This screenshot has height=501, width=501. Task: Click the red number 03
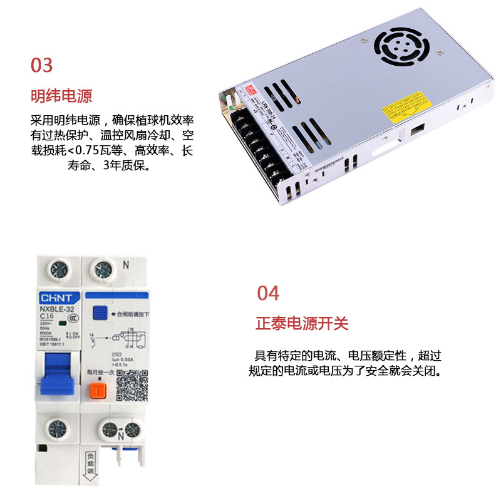point(42,65)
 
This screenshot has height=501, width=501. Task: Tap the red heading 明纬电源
point(61,96)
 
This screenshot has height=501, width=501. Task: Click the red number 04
point(268,293)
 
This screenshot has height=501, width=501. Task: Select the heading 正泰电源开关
point(302,324)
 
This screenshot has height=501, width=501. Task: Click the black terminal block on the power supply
point(256,144)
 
